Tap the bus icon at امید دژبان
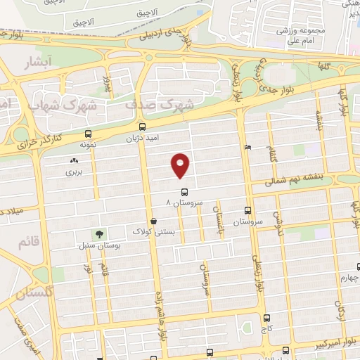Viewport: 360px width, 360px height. (x=143, y=127)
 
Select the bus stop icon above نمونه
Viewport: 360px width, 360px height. (x=88, y=134)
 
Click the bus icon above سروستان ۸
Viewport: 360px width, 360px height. (x=184, y=192)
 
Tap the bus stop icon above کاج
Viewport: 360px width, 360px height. (x=266, y=318)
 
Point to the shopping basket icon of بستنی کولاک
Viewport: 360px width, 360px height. (x=153, y=221)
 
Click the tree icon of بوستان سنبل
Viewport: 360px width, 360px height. (x=99, y=235)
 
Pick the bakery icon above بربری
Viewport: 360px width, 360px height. (x=74, y=161)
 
